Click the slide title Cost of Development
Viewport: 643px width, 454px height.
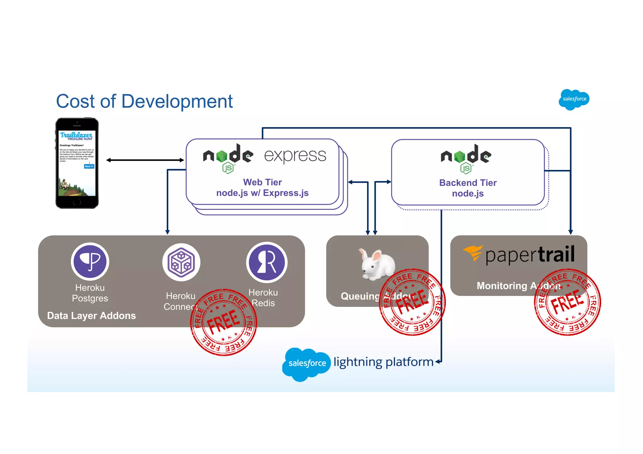(144, 101)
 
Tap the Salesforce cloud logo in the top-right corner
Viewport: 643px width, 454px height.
(574, 99)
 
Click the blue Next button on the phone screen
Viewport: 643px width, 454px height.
(89, 166)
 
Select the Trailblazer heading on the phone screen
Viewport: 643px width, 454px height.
(76, 135)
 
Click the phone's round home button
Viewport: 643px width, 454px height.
(77, 202)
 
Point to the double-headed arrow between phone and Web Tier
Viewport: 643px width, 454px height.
(145, 160)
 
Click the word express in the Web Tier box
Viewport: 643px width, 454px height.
(295, 156)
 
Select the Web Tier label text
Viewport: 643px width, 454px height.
(262, 182)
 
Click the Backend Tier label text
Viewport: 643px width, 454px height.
(468, 183)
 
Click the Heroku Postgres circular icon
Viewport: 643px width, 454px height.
(90, 261)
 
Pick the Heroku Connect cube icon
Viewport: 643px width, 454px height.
(181, 262)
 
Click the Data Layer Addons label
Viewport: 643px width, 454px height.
(91, 315)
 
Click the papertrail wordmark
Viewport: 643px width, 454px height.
(530, 255)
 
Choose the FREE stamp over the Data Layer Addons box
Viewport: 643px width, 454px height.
(224, 322)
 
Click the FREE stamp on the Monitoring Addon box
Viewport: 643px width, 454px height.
(567, 302)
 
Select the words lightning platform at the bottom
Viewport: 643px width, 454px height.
(383, 362)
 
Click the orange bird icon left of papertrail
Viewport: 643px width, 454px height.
(473, 253)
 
